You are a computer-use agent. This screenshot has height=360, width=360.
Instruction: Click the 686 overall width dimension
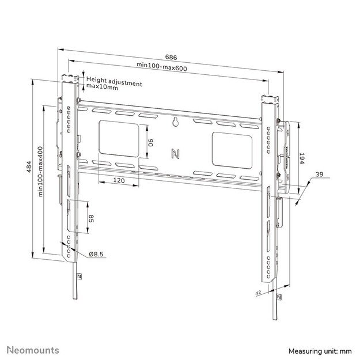[x=170, y=56]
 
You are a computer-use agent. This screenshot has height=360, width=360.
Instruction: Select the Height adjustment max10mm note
[x=113, y=85]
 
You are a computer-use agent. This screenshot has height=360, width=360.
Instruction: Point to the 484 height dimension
[x=29, y=168]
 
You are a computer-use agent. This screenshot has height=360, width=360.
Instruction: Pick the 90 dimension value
[x=149, y=142]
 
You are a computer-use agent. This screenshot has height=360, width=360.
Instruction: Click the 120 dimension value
[x=119, y=181]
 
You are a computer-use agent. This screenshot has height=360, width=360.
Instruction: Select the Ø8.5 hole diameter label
[x=96, y=254]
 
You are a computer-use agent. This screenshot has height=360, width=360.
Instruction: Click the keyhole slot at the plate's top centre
[x=176, y=122]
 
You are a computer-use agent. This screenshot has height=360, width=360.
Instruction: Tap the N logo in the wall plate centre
[x=175, y=153]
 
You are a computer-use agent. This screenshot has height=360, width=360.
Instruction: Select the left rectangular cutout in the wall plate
[x=119, y=137]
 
